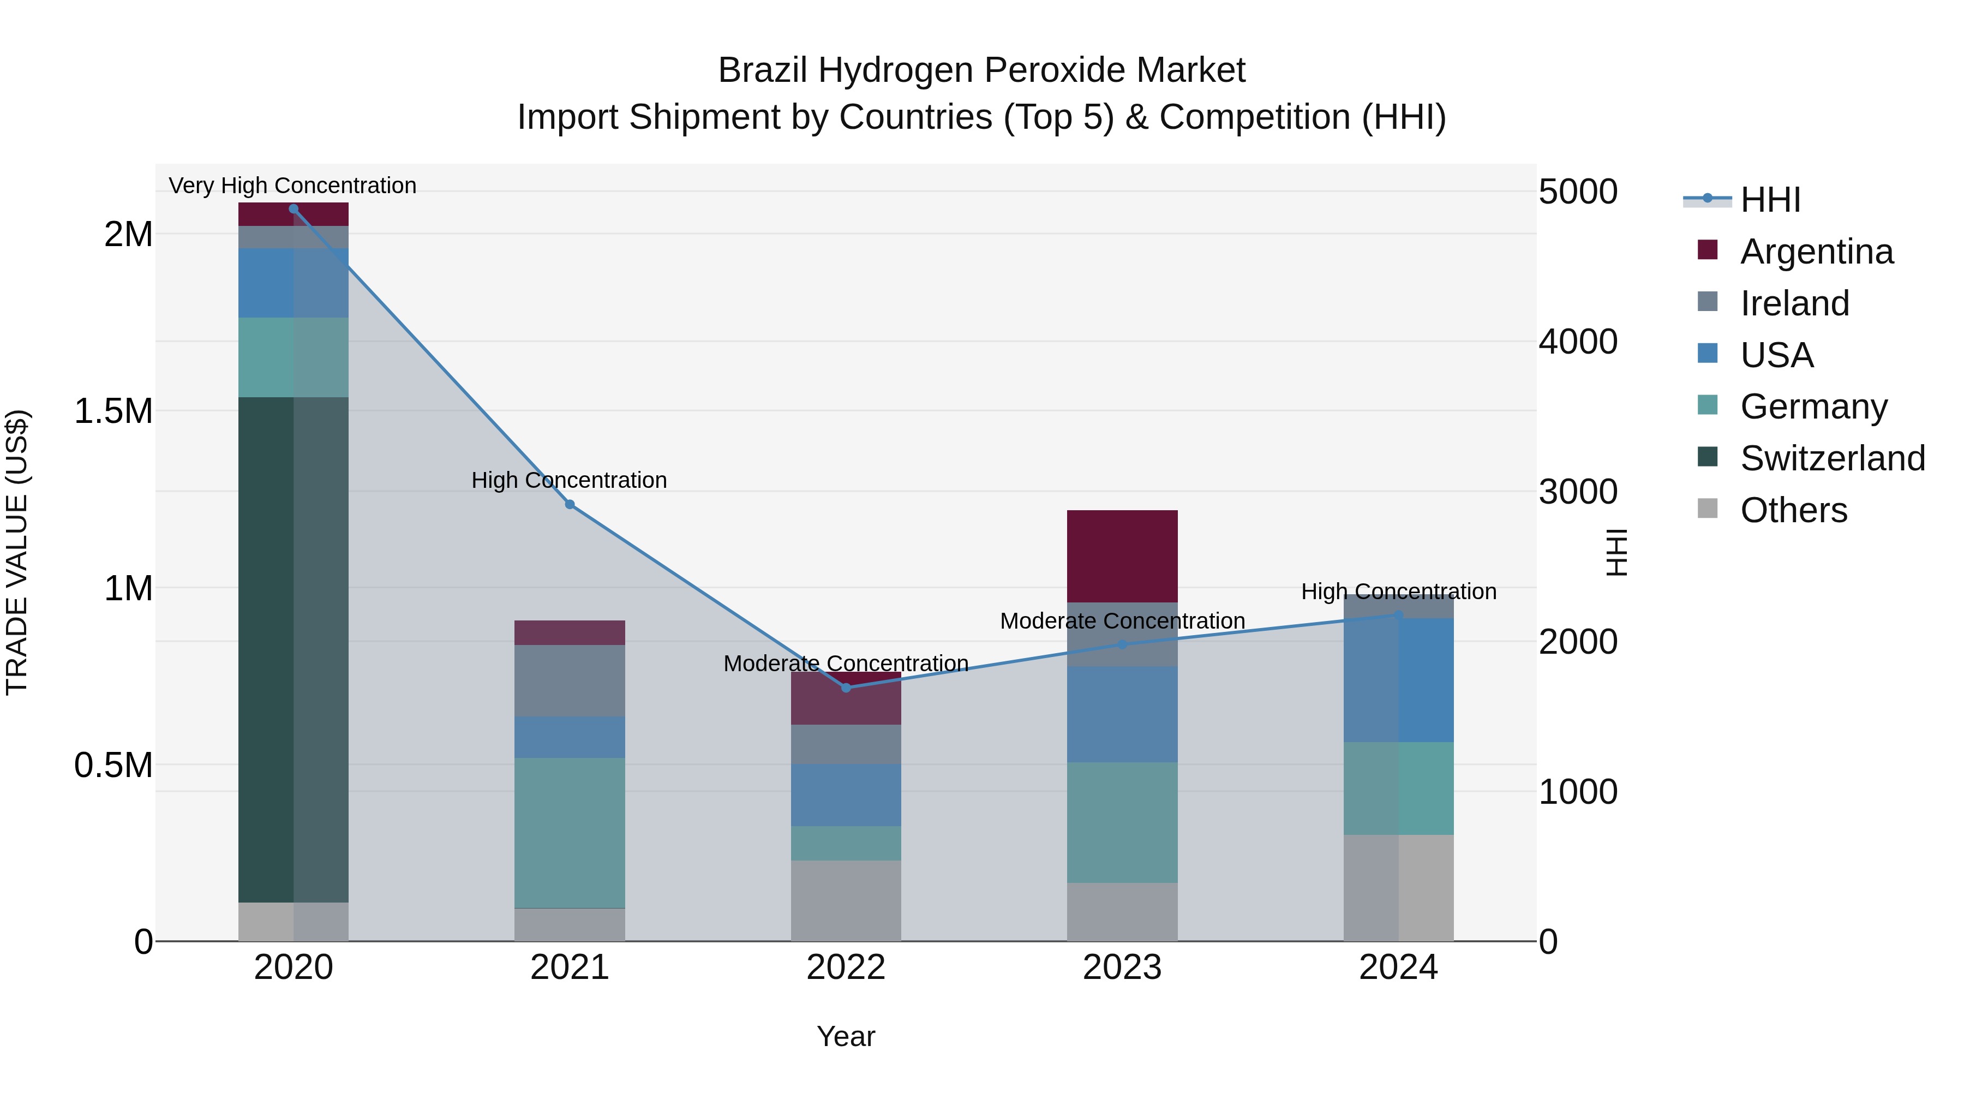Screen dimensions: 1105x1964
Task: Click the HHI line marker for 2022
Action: pos(846,688)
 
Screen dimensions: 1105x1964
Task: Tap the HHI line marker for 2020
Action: pos(294,209)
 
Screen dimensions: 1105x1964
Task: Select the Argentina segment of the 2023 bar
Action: pos(1122,556)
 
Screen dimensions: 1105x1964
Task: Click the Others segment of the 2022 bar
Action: pos(846,900)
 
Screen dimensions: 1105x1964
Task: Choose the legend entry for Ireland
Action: pos(1794,303)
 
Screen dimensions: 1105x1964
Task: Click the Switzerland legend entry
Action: pos(1832,458)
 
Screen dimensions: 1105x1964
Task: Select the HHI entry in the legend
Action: pos(1770,200)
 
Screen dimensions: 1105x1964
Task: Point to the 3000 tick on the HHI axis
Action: pos(1577,492)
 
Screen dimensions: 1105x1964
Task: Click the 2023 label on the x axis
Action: pos(1122,967)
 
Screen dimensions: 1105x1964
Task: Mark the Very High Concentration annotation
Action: pos(293,186)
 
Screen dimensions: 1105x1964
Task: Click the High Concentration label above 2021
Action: pos(569,480)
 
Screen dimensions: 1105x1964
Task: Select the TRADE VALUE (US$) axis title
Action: pos(17,552)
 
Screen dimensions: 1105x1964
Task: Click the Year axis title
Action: pos(846,1036)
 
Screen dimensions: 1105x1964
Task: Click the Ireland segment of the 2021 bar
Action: pos(570,680)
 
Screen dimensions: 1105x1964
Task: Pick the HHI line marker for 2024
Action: pos(1398,614)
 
